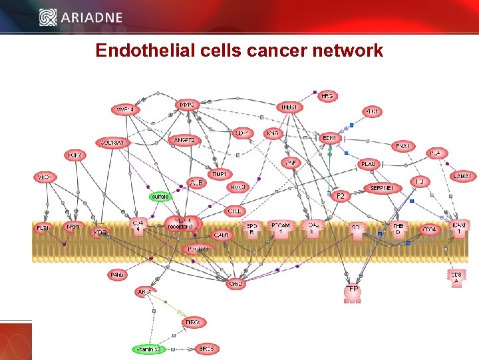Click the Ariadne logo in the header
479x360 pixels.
coord(81,17)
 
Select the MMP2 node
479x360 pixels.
coord(187,105)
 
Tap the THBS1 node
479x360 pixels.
coord(290,107)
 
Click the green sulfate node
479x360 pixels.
coord(160,197)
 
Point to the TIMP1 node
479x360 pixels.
coord(219,174)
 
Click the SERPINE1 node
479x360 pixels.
coord(382,188)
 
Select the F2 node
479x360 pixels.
coord(340,196)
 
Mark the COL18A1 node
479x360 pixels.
coord(112,143)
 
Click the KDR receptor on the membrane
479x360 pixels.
coord(100,233)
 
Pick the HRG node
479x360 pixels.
coord(327,97)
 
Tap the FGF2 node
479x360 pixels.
coord(75,155)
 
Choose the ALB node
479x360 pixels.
coord(198,182)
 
